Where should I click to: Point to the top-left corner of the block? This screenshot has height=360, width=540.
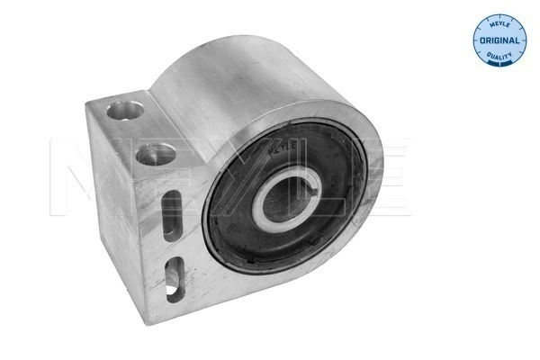point(89,106)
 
